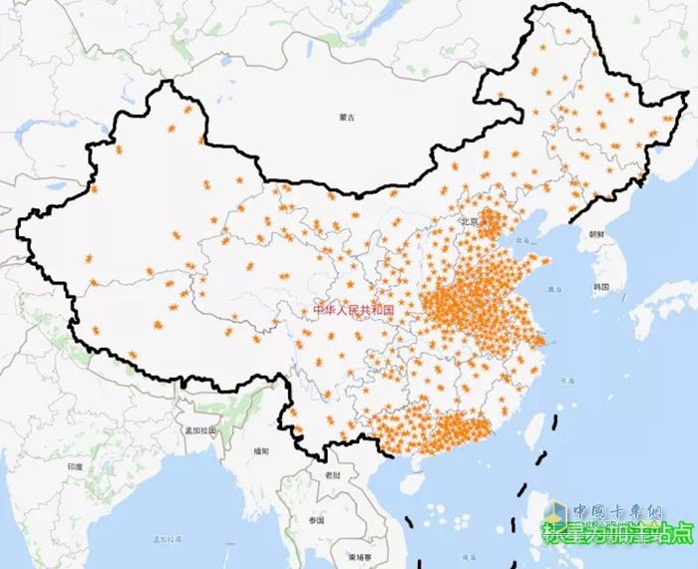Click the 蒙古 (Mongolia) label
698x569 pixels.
[x=346, y=117]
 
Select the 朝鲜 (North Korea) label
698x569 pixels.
[x=596, y=234]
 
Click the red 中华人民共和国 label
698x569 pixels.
[x=354, y=310]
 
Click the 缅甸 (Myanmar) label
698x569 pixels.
[x=261, y=450]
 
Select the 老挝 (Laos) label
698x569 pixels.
[x=332, y=475]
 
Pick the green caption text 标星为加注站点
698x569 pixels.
[x=618, y=534]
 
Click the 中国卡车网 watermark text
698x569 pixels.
[x=619, y=511]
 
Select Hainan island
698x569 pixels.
[x=411, y=487]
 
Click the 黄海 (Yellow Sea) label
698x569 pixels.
[x=554, y=289]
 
